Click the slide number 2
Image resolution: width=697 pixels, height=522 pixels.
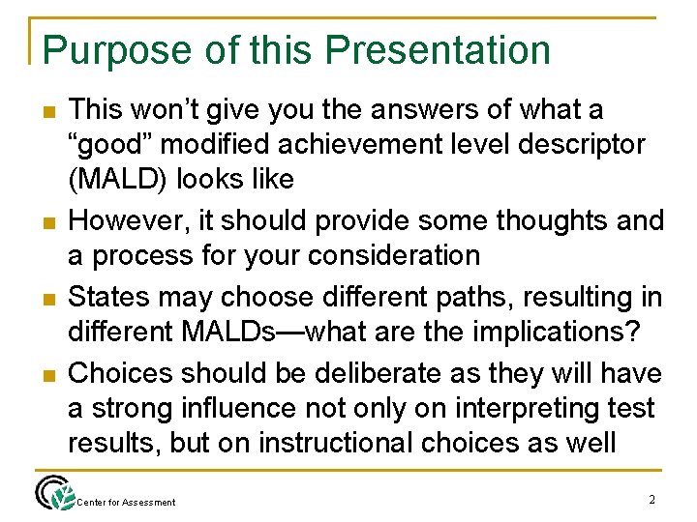click(x=652, y=499)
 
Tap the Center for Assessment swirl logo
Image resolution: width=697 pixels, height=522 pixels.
click(x=53, y=494)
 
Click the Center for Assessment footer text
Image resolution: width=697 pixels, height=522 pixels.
click(x=127, y=502)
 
